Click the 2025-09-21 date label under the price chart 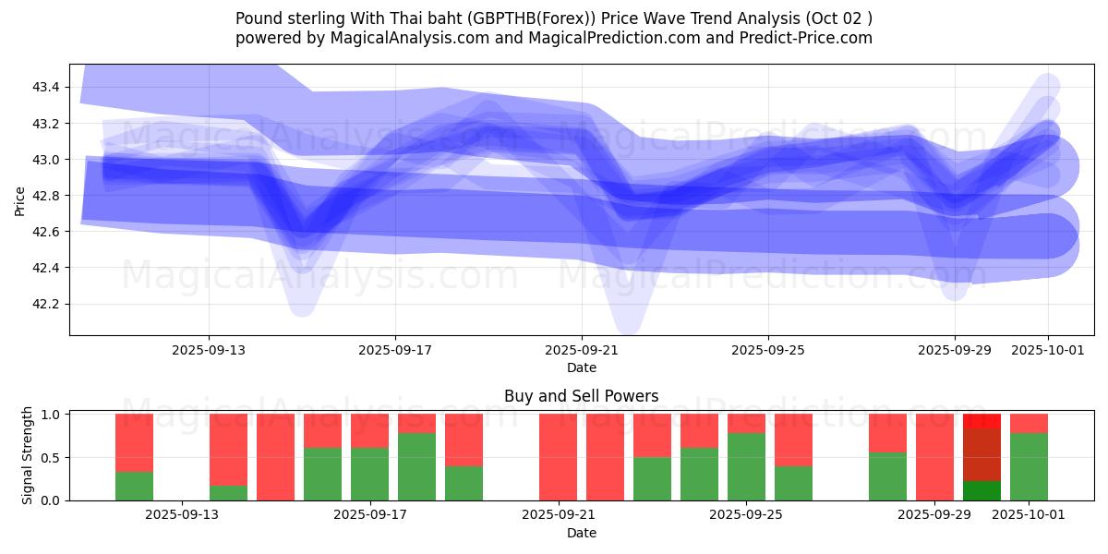(582, 350)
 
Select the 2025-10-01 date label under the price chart (1048, 350)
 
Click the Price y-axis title (19, 199)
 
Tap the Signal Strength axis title (27, 455)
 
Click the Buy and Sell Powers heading (581, 396)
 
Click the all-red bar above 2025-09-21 (558, 457)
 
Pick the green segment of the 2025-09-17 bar (369, 474)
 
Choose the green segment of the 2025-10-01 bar (1029, 466)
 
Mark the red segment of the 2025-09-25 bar (746, 423)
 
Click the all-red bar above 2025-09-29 (934, 457)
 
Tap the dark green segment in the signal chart (982, 490)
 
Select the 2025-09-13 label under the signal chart (183, 514)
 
